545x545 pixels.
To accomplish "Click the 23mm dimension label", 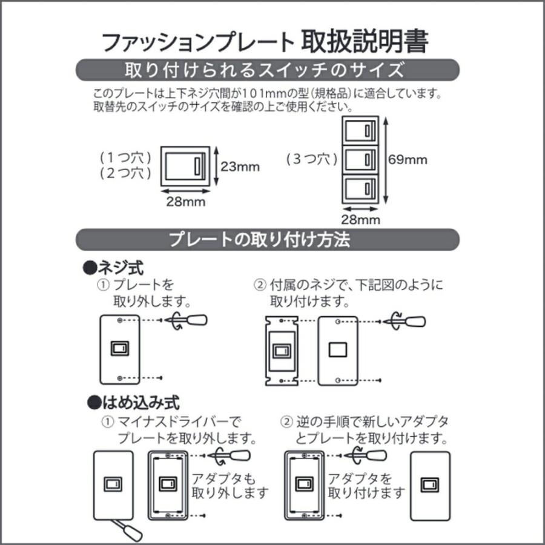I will click(x=240, y=167).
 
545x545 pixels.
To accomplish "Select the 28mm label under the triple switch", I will click(x=362, y=219).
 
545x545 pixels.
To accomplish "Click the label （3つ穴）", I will click(x=311, y=160).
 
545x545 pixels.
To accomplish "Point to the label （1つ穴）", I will click(x=126, y=157).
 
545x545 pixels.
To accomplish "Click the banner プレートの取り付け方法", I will click(x=267, y=239).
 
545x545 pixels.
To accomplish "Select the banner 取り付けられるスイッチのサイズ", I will click(x=267, y=70).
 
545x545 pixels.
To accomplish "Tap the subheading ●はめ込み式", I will click(x=133, y=401).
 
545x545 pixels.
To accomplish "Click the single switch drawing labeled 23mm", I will click(x=184, y=165).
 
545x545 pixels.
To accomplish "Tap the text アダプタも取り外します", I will click(x=230, y=484).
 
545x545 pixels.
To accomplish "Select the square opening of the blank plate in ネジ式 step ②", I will click(x=338, y=349).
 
